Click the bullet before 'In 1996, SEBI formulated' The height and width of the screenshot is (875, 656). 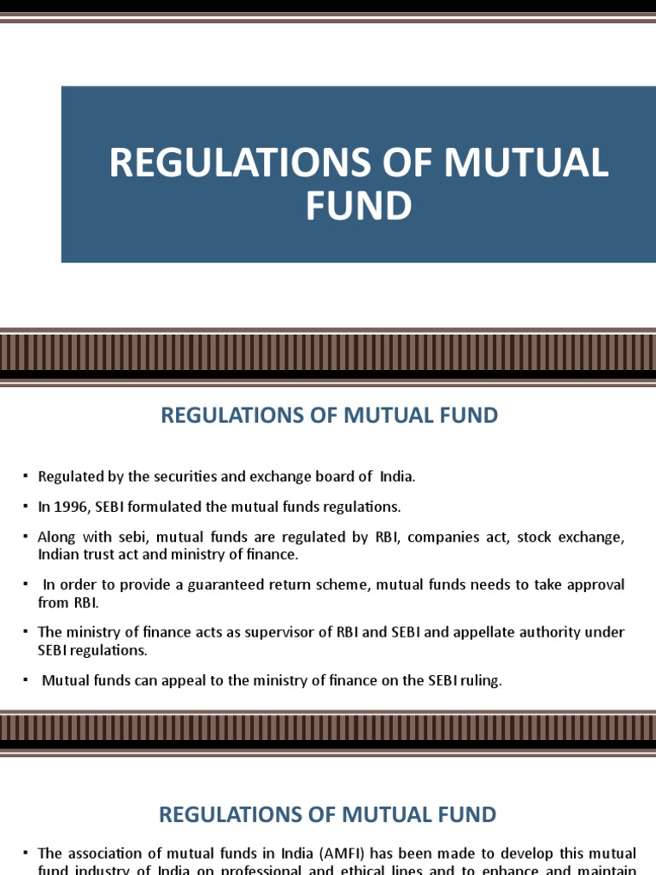[x=26, y=507]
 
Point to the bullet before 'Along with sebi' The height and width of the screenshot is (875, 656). [x=26, y=537]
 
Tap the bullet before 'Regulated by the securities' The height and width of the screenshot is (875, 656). [x=26, y=476]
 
